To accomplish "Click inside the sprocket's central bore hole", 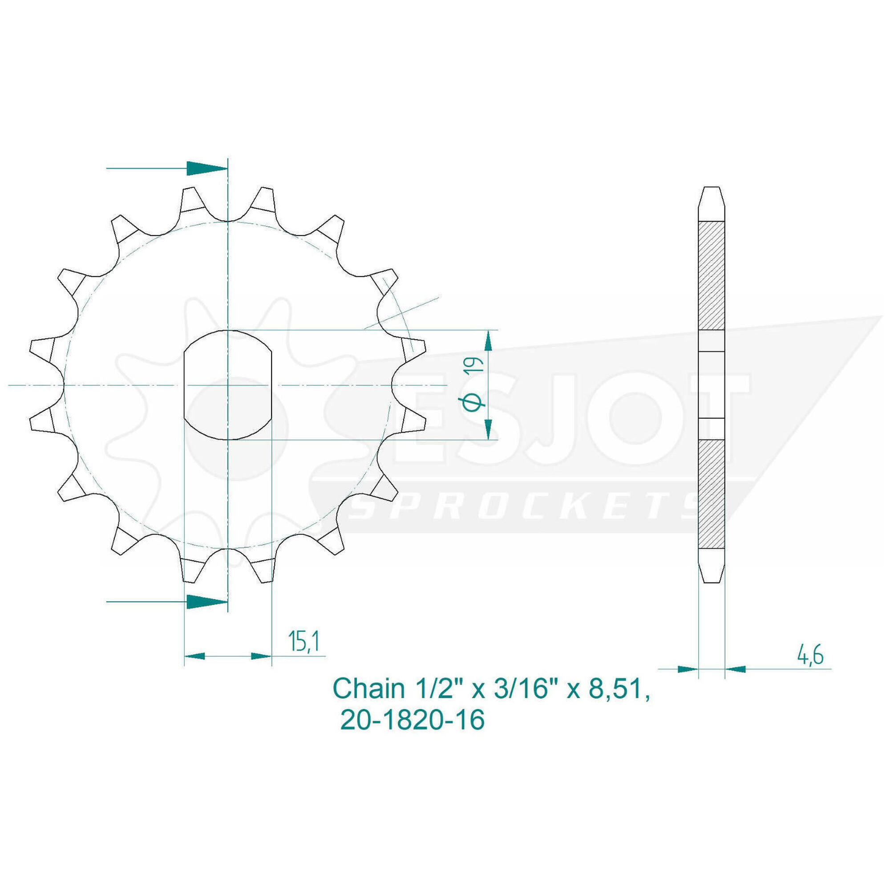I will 227,384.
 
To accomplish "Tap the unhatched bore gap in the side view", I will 712,384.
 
